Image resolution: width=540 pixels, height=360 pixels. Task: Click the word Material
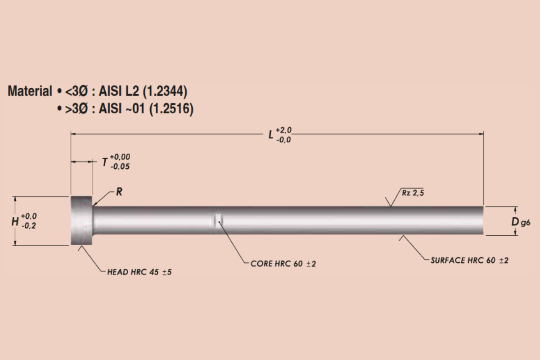pyautogui.click(x=30, y=91)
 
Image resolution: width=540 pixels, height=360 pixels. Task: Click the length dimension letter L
pyautogui.click(x=271, y=135)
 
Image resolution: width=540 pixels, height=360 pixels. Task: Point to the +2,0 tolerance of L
pyautogui.click(x=283, y=130)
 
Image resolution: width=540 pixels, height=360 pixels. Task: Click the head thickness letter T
pyautogui.click(x=104, y=162)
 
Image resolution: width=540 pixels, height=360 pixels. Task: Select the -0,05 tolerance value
pyautogui.click(x=120, y=166)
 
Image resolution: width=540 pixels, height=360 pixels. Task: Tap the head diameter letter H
pyautogui.click(x=15, y=221)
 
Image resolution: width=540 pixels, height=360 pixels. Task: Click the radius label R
pyautogui.click(x=119, y=192)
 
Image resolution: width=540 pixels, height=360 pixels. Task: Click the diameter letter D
pyautogui.click(x=515, y=221)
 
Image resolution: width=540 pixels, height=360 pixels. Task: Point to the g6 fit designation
pyautogui.click(x=525, y=222)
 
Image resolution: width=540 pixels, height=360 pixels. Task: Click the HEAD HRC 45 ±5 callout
pyautogui.click(x=139, y=272)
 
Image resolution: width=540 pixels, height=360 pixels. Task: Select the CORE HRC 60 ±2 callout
pyautogui.click(x=283, y=264)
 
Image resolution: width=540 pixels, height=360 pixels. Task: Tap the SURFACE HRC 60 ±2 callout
pyautogui.click(x=469, y=261)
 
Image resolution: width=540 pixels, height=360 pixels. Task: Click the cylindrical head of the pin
pyautogui.click(x=81, y=220)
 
